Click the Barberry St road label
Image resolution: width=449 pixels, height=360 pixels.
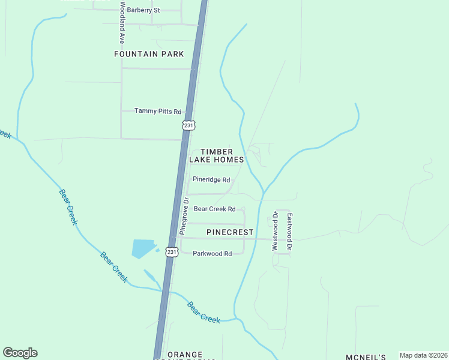pos(143,10)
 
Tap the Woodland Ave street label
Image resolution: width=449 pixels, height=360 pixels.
pos(122,23)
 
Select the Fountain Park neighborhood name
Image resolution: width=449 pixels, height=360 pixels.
pos(149,54)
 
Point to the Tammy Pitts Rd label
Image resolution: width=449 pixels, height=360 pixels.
pos(157,111)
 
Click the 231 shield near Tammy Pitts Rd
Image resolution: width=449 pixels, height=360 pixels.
pos(188,125)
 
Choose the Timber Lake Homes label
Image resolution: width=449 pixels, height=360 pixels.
pos(216,156)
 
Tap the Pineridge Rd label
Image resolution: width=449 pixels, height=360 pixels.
pos(211,179)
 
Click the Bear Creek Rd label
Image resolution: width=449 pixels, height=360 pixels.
pos(214,209)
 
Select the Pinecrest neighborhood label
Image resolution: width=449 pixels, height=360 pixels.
pos(230,232)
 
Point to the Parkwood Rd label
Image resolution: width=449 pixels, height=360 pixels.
pos(212,254)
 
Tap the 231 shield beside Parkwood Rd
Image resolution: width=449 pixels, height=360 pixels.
pos(172,253)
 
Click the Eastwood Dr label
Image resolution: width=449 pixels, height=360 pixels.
pos(289,232)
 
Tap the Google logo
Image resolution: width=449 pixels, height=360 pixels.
pos(20,353)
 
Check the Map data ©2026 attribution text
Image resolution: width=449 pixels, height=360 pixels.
pos(423,355)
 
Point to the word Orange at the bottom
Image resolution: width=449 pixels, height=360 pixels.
pos(185,355)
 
